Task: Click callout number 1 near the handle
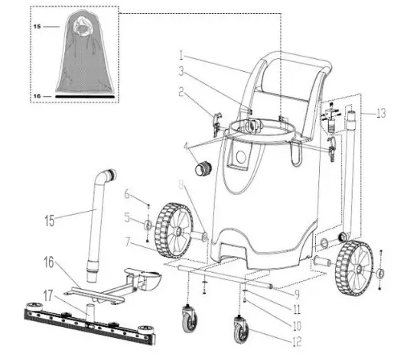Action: (x=181, y=55)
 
